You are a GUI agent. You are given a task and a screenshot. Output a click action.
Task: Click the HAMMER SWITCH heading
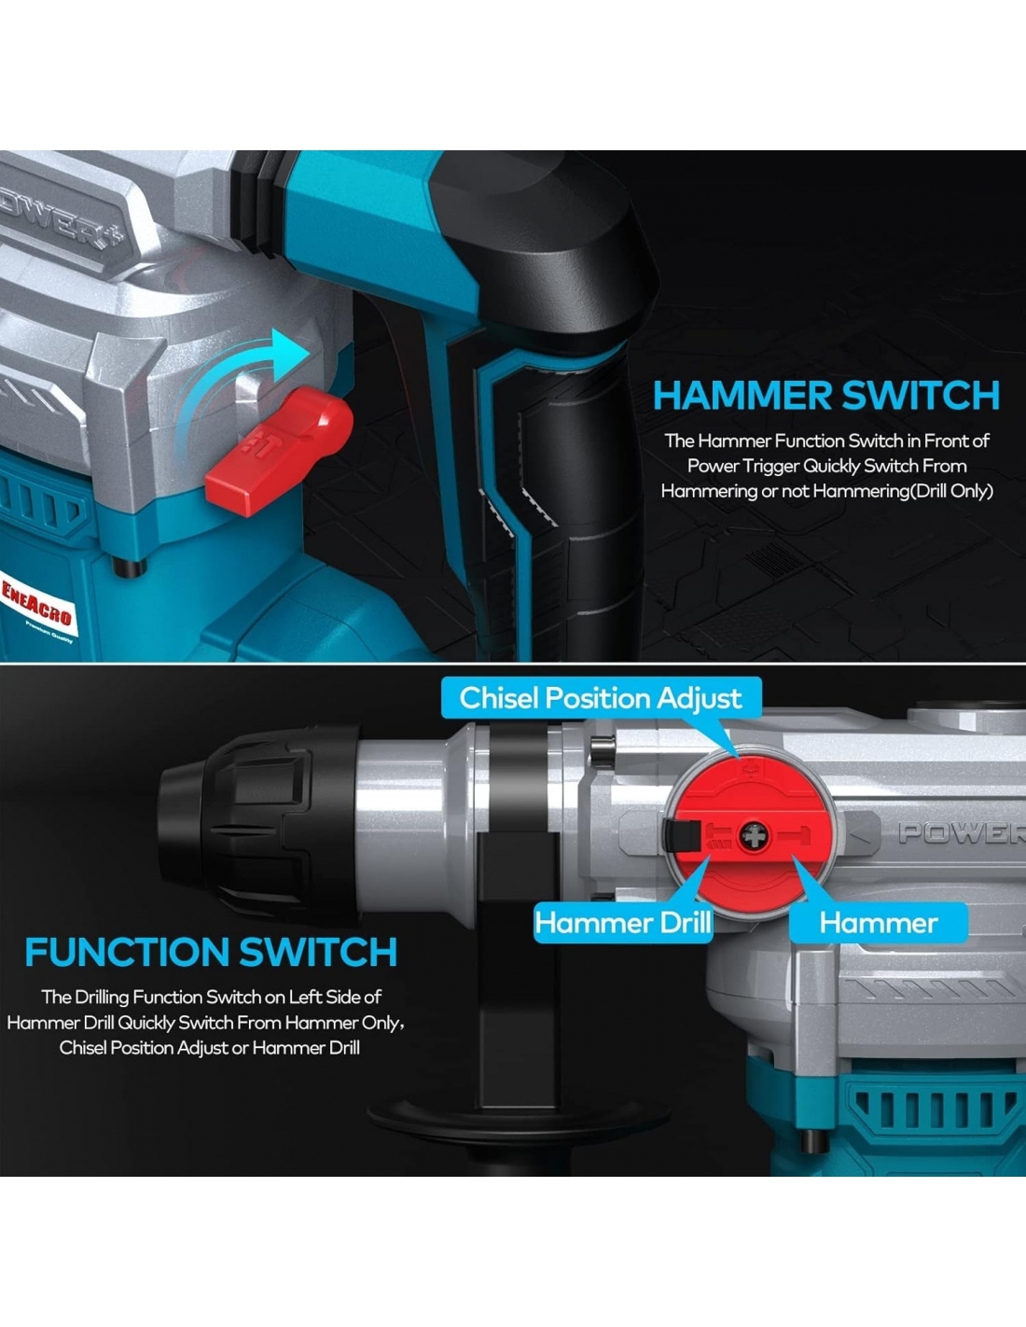tap(826, 396)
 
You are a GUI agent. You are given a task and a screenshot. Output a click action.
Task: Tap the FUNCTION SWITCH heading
tap(211, 952)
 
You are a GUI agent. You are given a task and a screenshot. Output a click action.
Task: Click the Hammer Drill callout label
tap(623, 923)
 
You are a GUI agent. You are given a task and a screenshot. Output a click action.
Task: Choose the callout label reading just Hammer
tap(879, 923)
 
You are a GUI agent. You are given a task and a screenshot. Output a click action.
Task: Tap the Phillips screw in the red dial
tap(755, 836)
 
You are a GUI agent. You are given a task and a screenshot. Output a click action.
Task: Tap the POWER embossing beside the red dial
tap(962, 833)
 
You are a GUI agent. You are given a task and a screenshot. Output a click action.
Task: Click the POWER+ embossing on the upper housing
tap(61, 217)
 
